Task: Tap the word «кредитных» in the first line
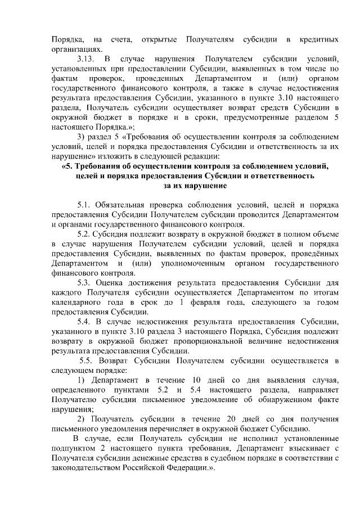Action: [319, 39]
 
